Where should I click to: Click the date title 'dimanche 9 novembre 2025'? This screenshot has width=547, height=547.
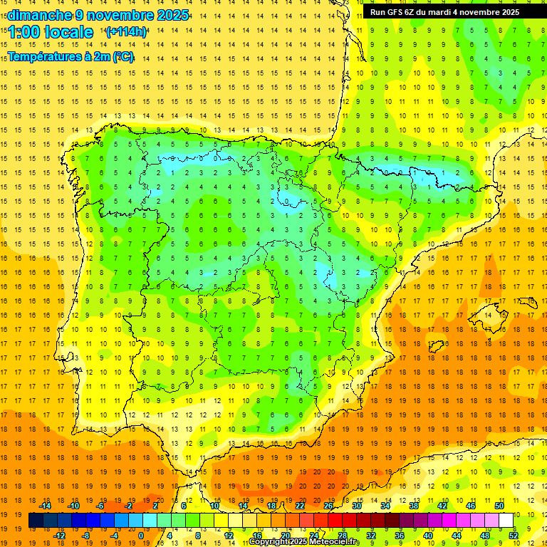pyautogui.click(x=98, y=15)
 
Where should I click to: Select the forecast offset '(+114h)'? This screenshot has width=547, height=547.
pyautogui.click(x=126, y=32)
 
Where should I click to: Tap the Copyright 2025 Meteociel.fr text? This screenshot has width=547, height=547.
pyautogui.click(x=304, y=542)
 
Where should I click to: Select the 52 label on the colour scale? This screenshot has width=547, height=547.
pyautogui.click(x=514, y=535)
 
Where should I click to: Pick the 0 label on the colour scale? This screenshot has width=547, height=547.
pyautogui.click(x=140, y=535)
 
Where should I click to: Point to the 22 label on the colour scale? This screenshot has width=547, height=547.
pyautogui.click(x=300, y=506)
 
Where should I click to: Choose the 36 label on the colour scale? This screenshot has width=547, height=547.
pyautogui.click(x=400, y=535)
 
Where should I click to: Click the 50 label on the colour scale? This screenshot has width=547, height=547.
pyautogui.click(x=499, y=506)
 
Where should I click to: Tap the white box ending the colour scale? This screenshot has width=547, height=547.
pyautogui.click(x=506, y=521)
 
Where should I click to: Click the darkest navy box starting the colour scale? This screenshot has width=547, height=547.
pyautogui.click(x=36, y=521)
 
